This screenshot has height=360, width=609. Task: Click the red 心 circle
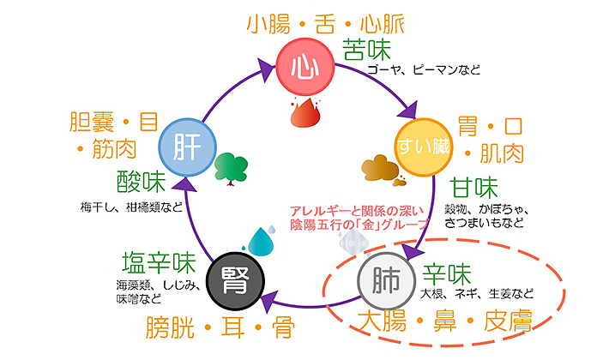click(304, 66)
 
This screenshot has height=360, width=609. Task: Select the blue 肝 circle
click(187, 147)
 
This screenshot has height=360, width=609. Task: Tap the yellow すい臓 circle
click(424, 147)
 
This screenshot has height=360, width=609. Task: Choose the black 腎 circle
click(235, 281)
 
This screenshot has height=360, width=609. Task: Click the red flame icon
click(305, 112)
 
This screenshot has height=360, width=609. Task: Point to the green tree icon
click(231, 169)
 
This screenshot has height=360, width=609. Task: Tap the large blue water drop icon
click(261, 242)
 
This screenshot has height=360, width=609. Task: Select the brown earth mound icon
click(381, 169)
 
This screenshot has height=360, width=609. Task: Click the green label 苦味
click(366, 49)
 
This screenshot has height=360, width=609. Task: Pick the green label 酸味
click(142, 182)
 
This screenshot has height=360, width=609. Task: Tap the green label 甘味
click(473, 188)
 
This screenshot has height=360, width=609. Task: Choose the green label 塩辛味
click(159, 262)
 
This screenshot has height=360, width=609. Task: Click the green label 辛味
click(447, 274)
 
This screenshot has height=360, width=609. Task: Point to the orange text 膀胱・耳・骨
click(220, 327)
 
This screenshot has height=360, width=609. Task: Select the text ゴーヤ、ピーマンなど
click(424, 69)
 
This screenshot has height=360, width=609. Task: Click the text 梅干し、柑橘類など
click(131, 207)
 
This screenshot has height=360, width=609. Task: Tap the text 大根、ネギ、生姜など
click(477, 294)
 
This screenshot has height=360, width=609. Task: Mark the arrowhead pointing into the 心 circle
click(266, 69)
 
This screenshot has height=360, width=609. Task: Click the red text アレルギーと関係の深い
click(357, 212)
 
